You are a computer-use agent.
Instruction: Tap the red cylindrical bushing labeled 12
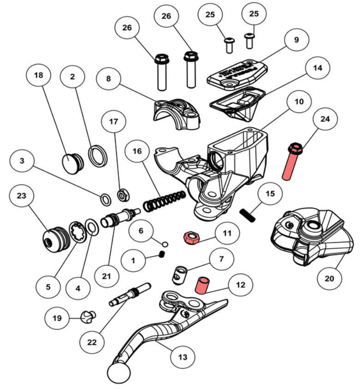tap(201, 285)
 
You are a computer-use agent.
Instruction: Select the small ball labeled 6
tap(165, 243)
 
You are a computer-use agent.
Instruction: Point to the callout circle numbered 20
tap(332, 278)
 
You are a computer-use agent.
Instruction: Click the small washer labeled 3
tap(106, 200)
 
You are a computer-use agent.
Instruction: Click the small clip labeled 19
tap(87, 316)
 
